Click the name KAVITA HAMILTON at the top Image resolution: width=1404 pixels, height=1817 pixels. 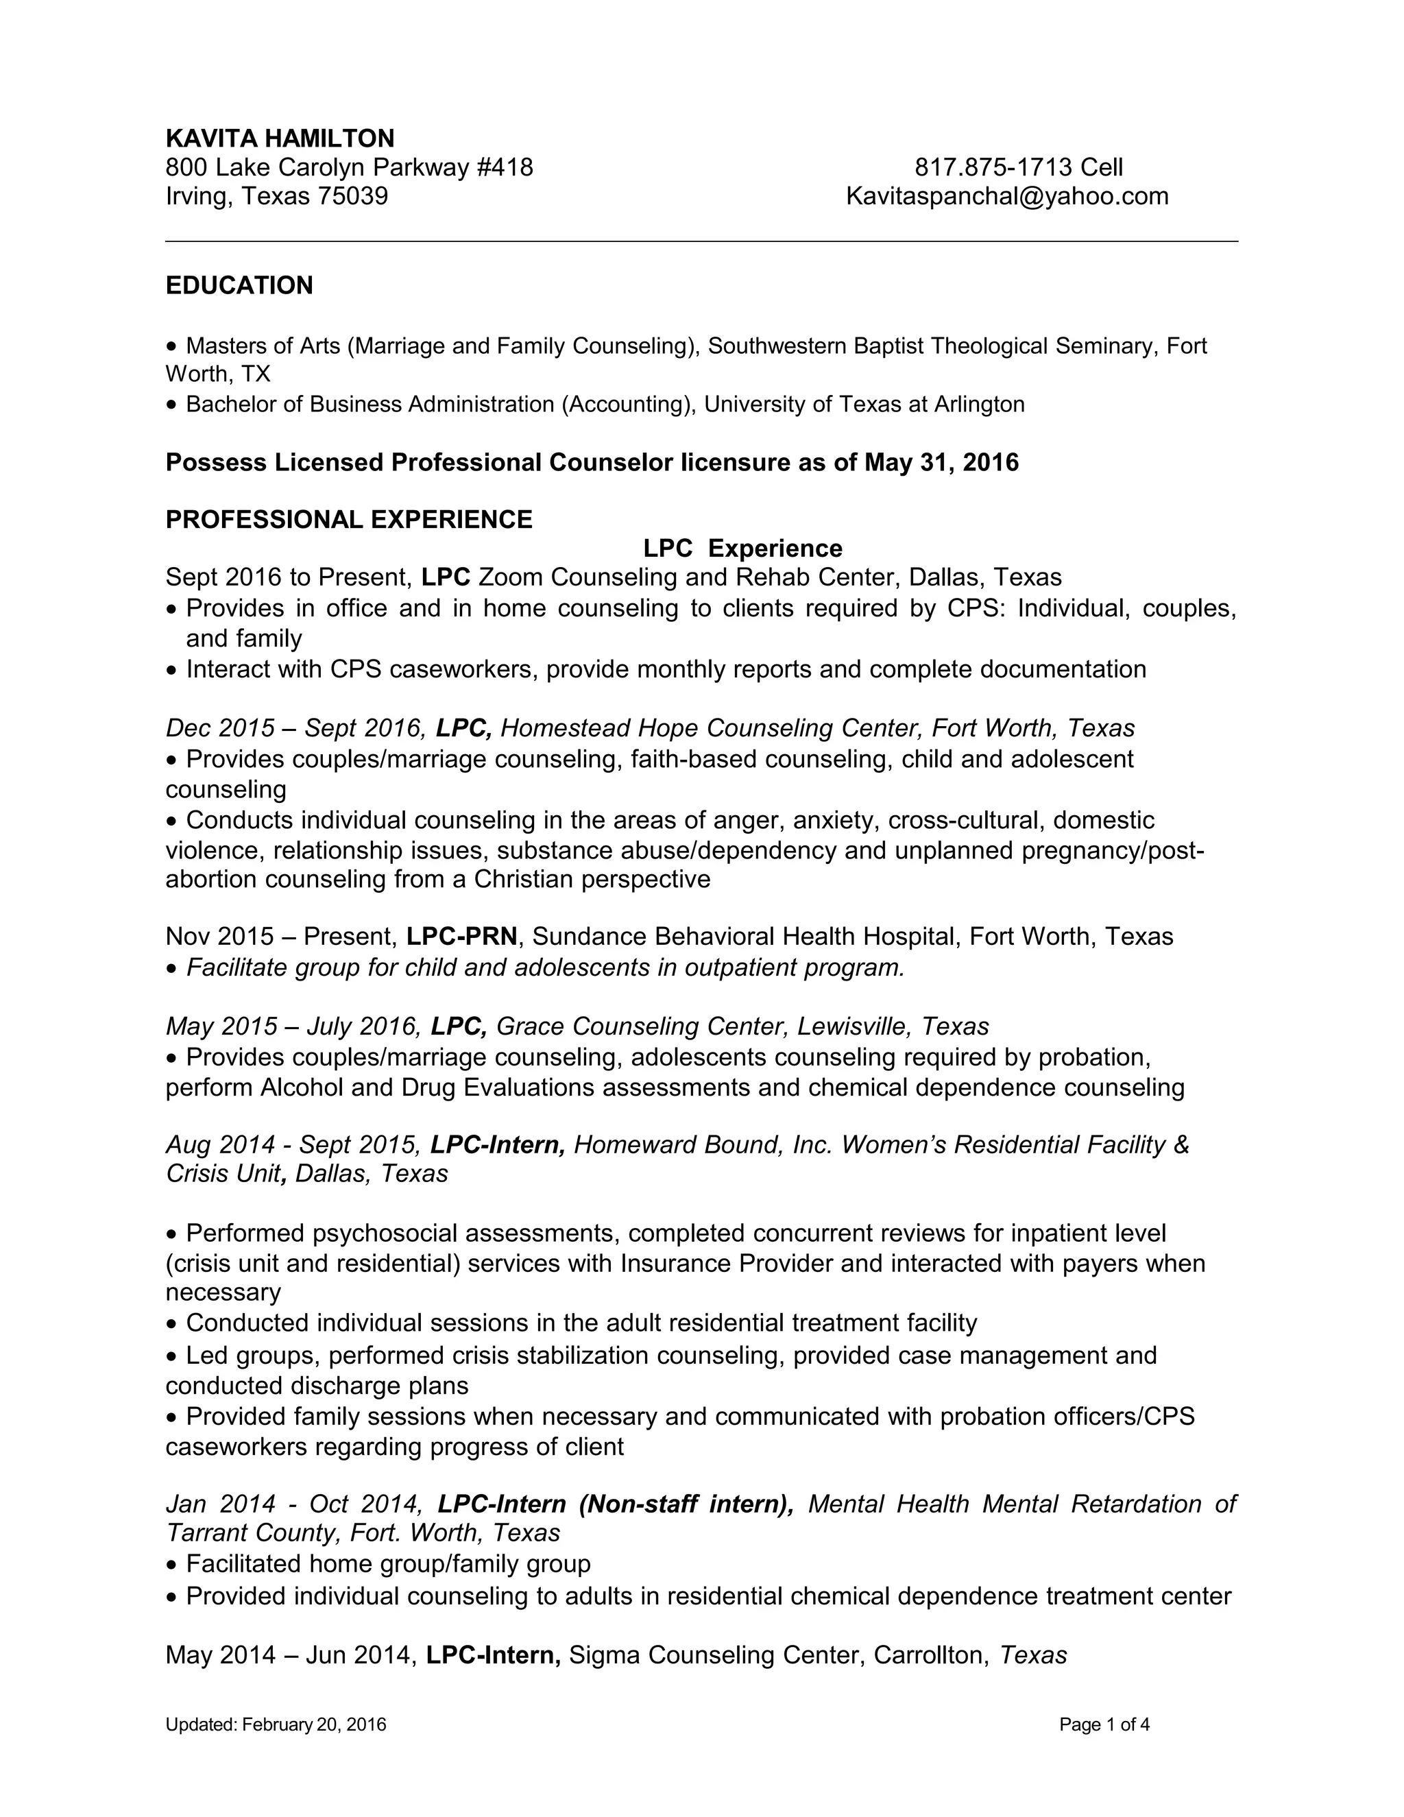tap(280, 138)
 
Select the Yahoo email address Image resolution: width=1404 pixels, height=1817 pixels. tap(1006, 196)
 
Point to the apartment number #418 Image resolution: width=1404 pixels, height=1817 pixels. tap(505, 167)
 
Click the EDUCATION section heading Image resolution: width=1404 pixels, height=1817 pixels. tap(239, 285)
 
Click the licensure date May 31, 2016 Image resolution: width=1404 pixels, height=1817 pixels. tap(941, 463)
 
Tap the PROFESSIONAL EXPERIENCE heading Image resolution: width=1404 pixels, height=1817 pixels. tap(348, 519)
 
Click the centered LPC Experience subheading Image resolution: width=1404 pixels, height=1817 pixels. tap(742, 549)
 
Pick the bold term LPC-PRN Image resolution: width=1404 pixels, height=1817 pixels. tap(461, 937)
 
